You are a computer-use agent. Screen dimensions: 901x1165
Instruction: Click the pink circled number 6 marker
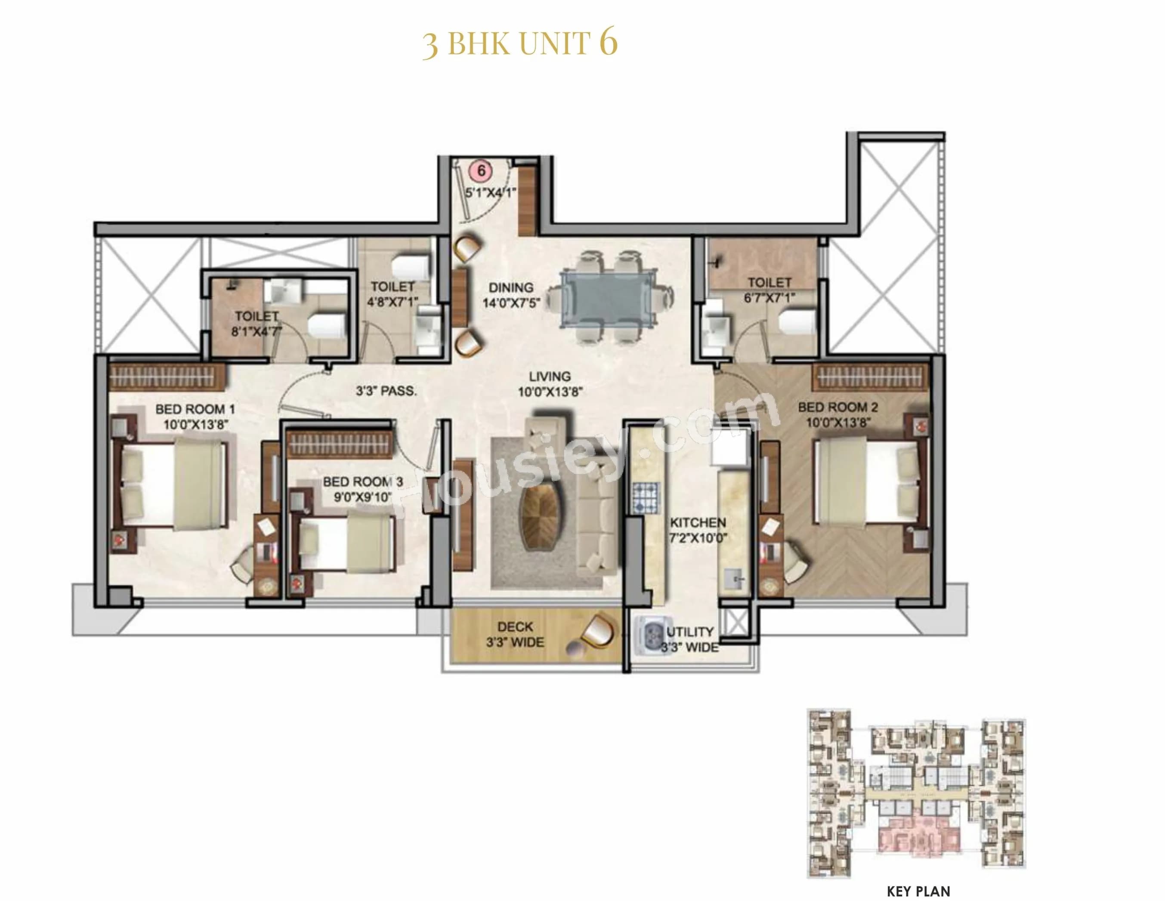(x=481, y=171)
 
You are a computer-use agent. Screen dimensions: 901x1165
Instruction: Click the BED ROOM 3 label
(x=363, y=489)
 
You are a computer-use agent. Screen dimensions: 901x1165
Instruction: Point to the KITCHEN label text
(x=698, y=523)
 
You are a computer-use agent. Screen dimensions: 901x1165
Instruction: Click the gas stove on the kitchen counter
(x=646, y=498)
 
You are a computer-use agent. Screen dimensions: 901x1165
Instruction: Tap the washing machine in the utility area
(x=652, y=636)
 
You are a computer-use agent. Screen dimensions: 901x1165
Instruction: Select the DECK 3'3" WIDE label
(x=515, y=634)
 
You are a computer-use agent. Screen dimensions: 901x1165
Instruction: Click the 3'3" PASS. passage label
(x=386, y=391)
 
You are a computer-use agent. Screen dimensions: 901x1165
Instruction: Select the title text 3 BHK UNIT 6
(x=520, y=43)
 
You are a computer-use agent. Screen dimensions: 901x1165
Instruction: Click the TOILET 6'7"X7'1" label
(x=769, y=290)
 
